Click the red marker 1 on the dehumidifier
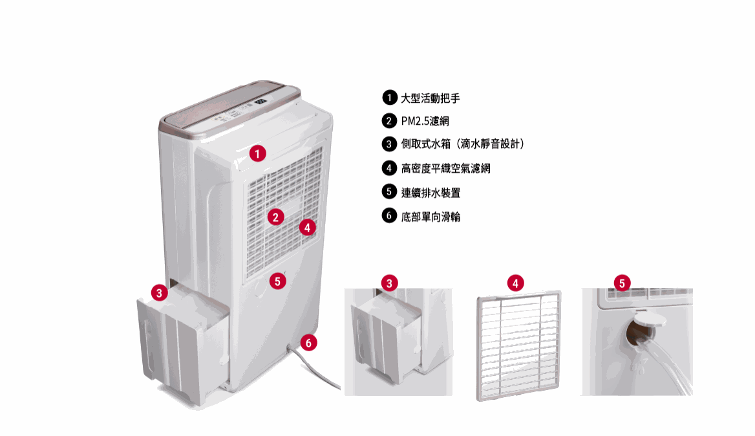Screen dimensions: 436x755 [x=257, y=154]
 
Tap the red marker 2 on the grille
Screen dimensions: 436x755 [x=275, y=217]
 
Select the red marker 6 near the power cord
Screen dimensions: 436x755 [x=309, y=343]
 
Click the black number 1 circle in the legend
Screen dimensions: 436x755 [x=388, y=98]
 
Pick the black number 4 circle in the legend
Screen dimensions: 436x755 [x=388, y=168]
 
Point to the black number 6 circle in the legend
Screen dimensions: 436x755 [x=388, y=216]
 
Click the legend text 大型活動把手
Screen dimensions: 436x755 [x=431, y=98]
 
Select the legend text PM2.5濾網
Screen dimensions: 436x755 [x=425, y=122]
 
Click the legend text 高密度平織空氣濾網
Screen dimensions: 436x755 [x=445, y=169]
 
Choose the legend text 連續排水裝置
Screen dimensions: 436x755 [x=431, y=193]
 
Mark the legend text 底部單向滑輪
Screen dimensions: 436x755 [x=431, y=217]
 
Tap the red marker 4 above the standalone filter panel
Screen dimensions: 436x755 [x=515, y=283]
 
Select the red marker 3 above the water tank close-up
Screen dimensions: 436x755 [x=388, y=283]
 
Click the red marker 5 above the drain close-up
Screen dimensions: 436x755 [x=622, y=283]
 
